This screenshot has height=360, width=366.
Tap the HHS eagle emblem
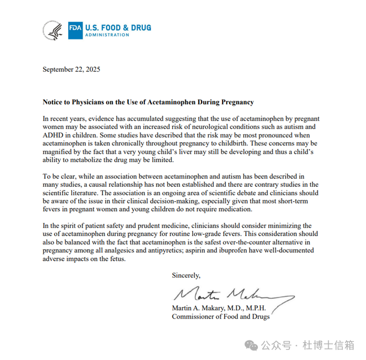click(54, 30)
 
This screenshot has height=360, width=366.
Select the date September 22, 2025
click(71, 69)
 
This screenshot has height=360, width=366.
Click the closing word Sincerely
click(186, 275)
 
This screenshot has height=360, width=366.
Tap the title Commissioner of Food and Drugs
click(221, 317)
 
